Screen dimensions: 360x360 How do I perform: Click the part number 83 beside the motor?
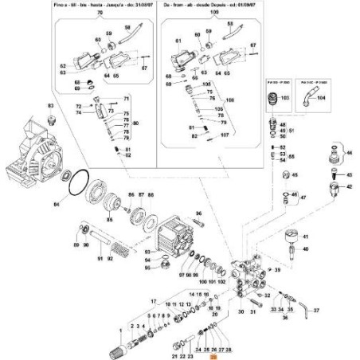(x=51, y=106)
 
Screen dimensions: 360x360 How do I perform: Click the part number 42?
(x=347, y=186)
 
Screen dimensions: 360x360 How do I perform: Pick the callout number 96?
(x=199, y=214)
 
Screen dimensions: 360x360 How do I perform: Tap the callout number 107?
(x=225, y=135)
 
